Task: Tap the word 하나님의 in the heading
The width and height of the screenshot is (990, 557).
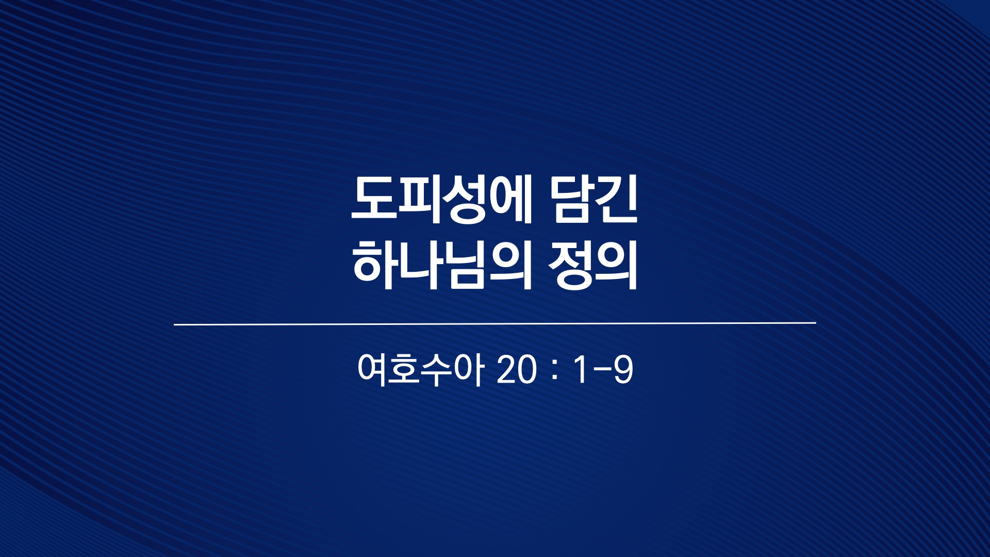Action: click(442, 264)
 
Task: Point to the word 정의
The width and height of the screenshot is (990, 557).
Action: click(593, 264)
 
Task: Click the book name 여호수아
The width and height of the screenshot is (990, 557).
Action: click(421, 369)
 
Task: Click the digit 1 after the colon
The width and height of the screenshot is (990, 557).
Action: click(581, 370)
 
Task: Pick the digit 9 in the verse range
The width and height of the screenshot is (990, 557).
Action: click(623, 370)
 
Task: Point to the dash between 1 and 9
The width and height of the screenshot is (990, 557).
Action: click(601, 371)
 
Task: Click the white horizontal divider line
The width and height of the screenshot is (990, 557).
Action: click(495, 324)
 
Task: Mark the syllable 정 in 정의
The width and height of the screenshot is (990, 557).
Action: click(570, 264)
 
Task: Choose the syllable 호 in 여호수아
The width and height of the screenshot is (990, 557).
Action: click(405, 369)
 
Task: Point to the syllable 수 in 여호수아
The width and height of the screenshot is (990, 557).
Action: click(436, 369)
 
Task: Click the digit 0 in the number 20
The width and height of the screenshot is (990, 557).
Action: click(527, 370)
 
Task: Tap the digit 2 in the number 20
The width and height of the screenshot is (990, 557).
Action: click(507, 370)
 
